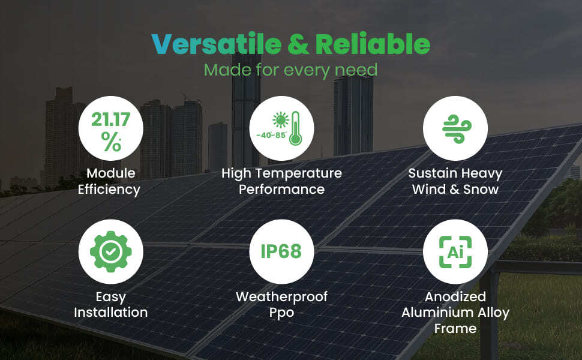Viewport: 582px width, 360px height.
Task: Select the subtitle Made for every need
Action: [290, 70]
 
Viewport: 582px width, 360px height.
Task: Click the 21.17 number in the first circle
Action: [110, 119]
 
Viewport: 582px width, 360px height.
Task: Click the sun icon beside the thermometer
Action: [280, 119]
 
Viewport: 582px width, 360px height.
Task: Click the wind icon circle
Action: [455, 128]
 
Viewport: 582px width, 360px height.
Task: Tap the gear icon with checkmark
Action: [110, 251]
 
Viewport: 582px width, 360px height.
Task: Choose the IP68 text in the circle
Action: [281, 251]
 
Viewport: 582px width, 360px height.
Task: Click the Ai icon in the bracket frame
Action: [455, 251]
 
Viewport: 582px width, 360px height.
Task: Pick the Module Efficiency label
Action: [110, 181]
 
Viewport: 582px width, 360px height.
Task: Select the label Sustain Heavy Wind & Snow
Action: [455, 181]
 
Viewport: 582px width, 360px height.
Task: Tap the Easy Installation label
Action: [110, 304]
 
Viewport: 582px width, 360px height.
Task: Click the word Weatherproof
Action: [281, 296]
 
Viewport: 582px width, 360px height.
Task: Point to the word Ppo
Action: [281, 313]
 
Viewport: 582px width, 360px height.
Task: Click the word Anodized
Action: [455, 296]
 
